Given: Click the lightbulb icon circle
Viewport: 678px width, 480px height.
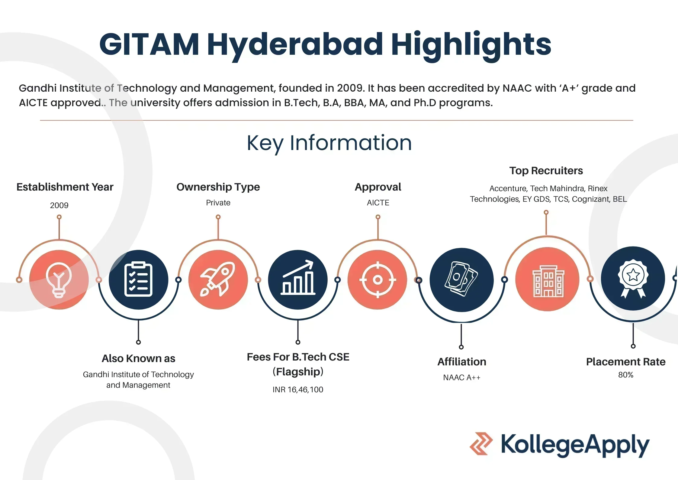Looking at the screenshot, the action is point(59,279).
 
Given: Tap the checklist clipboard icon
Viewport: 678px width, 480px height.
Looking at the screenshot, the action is point(138,279).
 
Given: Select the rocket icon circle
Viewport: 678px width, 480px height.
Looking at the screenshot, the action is point(218,279).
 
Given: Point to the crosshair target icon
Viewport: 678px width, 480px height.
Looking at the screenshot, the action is point(378,279).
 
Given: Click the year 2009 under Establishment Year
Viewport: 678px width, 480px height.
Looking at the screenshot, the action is point(59,205).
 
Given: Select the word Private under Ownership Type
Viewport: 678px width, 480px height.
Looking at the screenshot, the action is point(218,203).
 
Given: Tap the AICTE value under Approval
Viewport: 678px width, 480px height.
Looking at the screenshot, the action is point(378,203).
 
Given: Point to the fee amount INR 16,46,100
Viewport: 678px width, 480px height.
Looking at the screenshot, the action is point(298,390).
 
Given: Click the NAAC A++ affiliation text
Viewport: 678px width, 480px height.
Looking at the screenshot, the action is point(461,377).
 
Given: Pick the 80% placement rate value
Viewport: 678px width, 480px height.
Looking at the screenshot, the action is point(626,375).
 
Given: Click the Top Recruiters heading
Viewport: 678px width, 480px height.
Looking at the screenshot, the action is point(546,171).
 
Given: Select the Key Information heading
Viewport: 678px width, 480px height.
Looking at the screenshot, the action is point(329,143).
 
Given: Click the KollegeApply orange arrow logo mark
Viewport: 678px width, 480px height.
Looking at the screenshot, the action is point(481,444).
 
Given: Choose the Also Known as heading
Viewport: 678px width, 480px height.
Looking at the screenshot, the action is point(138,358).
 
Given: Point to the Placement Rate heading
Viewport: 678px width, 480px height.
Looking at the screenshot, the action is point(626,362).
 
